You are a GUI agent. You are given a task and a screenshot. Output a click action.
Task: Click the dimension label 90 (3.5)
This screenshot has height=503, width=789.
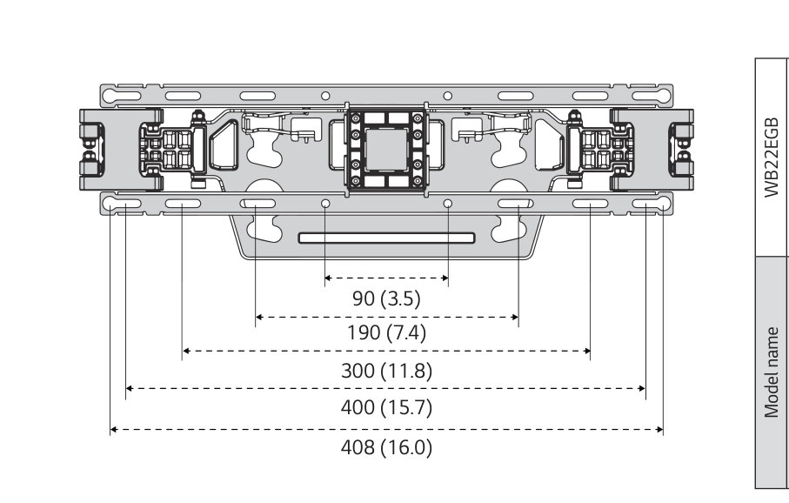point(386,298)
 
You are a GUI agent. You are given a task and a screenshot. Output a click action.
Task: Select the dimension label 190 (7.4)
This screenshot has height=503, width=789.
point(386,332)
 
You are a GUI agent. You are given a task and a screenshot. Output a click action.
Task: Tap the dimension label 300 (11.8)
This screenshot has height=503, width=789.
point(386,371)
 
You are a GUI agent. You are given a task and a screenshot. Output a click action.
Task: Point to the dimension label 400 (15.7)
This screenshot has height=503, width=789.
point(386,407)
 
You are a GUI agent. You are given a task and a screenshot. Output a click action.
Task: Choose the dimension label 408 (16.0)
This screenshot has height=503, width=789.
point(386,449)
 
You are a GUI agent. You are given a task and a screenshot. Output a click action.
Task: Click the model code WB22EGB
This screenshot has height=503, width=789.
point(772,157)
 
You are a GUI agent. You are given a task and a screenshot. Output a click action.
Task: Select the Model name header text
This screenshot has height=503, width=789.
point(772,372)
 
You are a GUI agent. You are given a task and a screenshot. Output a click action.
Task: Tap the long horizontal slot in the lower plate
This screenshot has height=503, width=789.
point(386,238)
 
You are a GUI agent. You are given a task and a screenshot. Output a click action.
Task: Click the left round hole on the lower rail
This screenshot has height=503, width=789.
point(324,204)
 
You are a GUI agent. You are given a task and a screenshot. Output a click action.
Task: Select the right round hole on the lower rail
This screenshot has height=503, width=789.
point(448,204)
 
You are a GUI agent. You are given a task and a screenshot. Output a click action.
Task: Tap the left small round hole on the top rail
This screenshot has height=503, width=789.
point(324,95)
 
